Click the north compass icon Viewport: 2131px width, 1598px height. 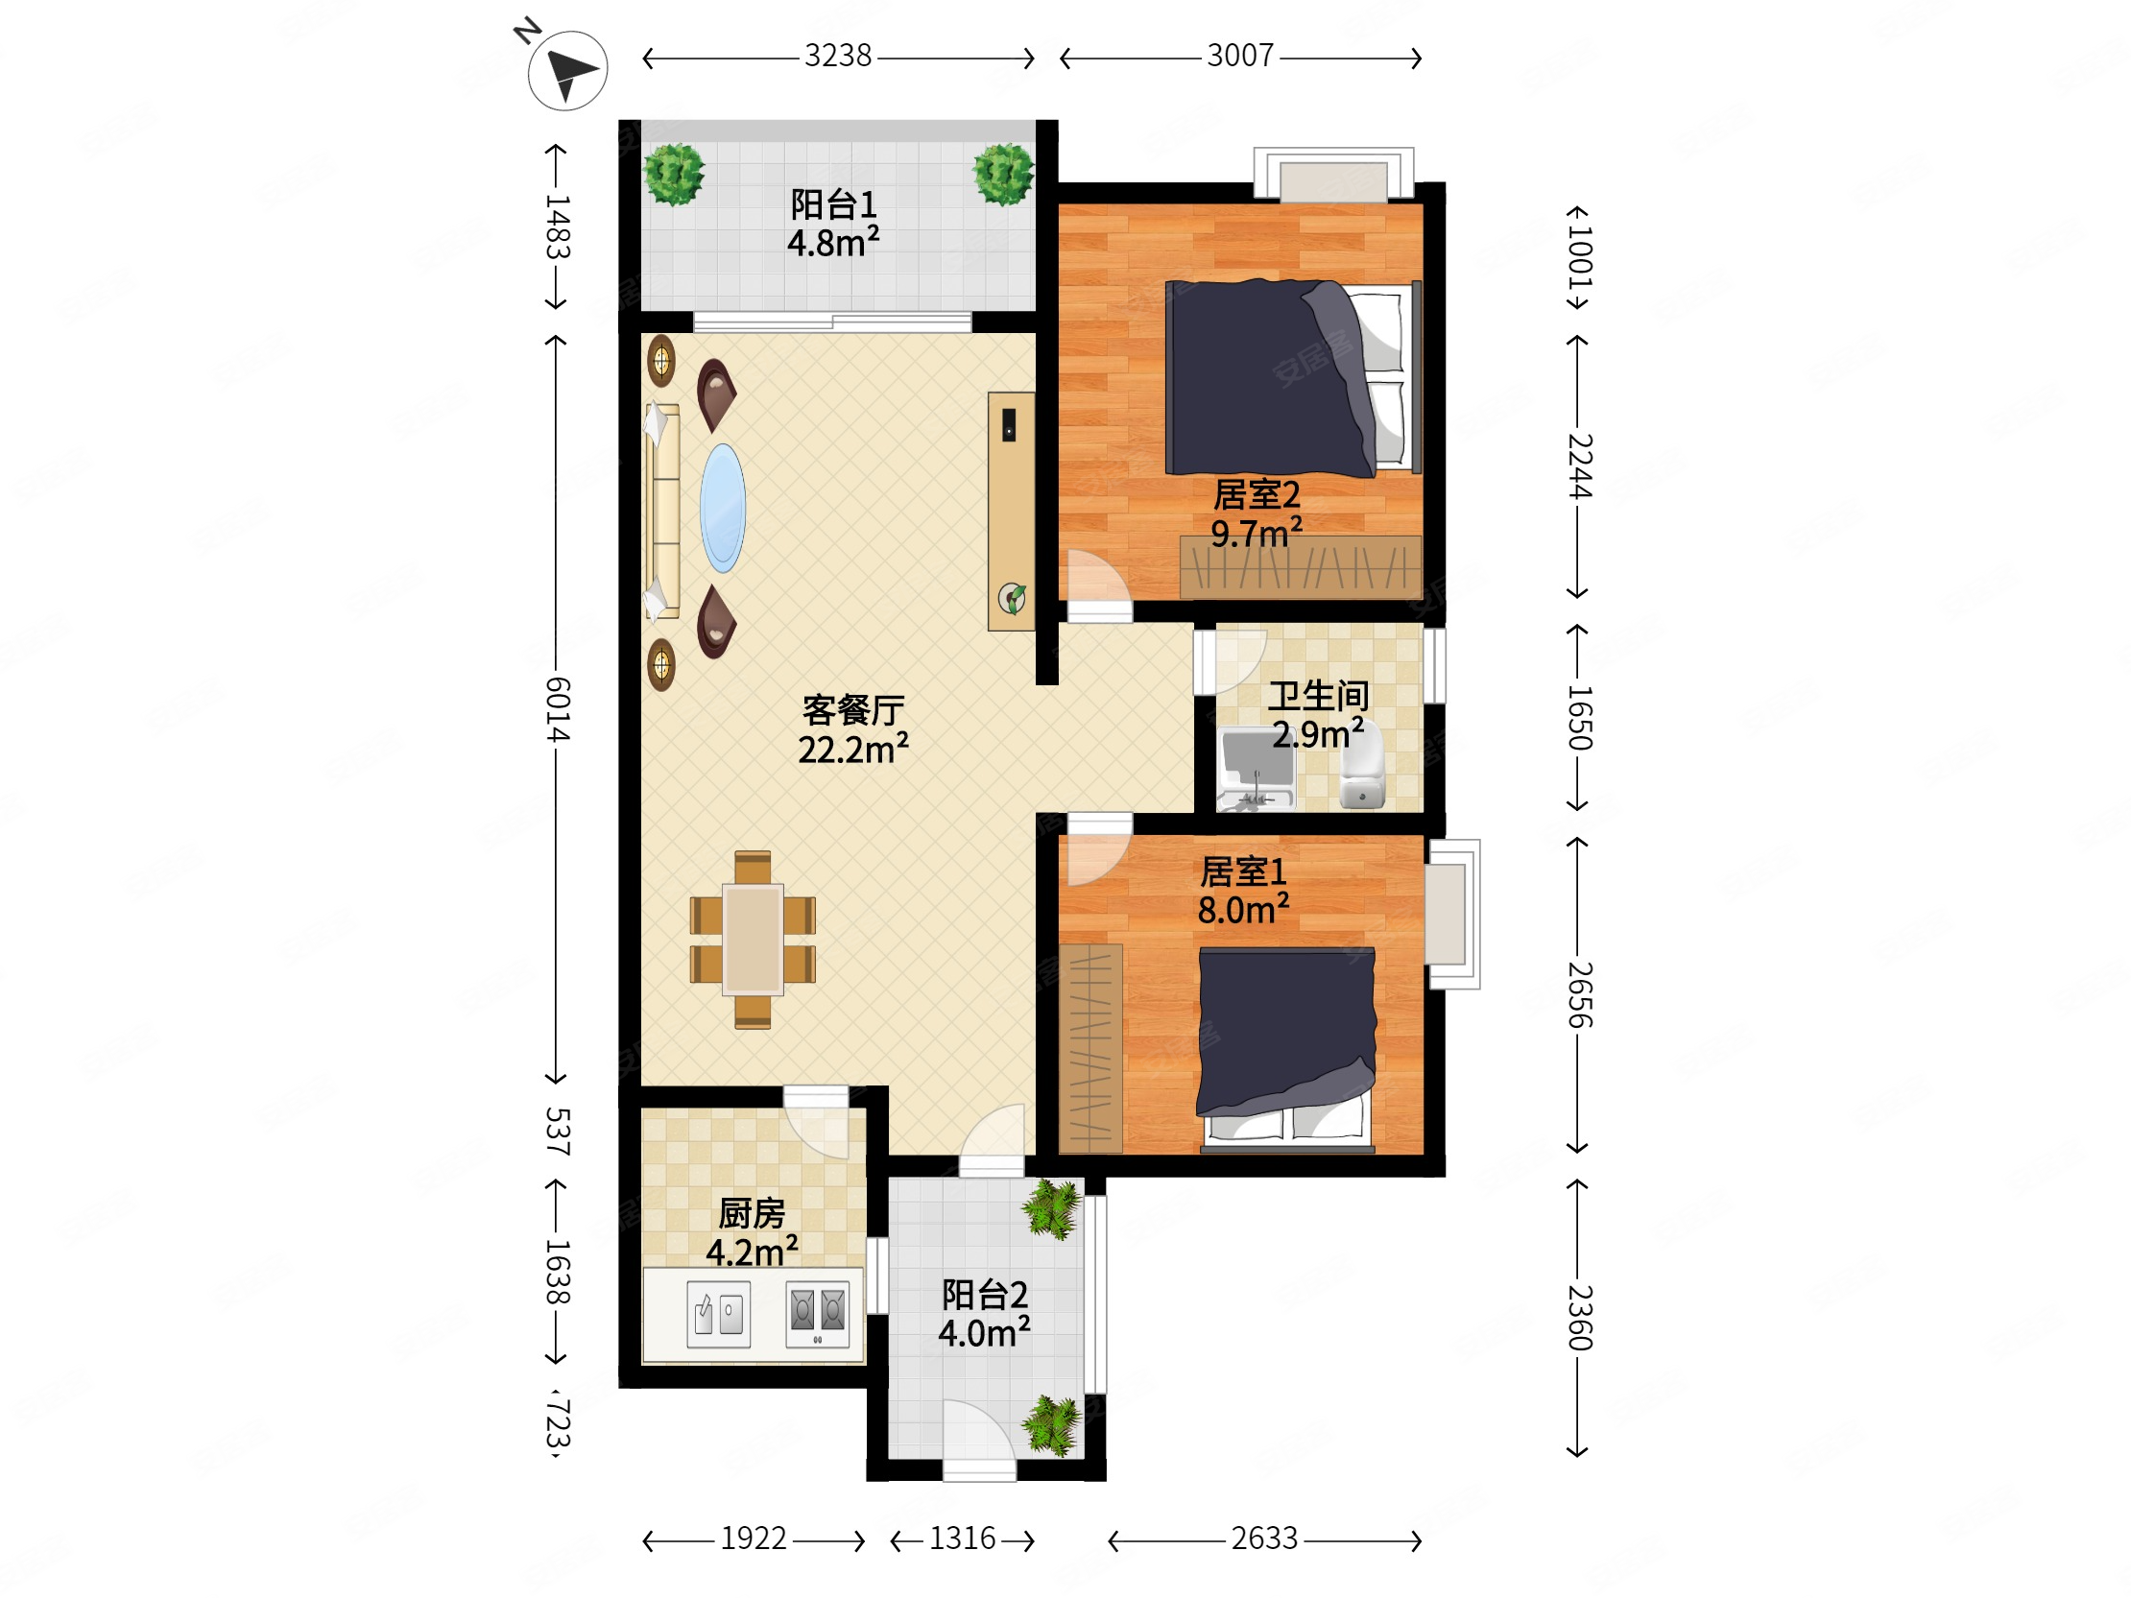click(566, 69)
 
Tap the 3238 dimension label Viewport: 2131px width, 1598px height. click(837, 56)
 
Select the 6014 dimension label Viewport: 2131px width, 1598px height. click(557, 709)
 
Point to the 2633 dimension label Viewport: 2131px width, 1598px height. click(1264, 1538)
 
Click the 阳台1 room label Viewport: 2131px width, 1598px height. click(833, 204)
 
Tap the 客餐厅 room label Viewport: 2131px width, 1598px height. click(852, 710)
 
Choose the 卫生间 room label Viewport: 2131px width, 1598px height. click(1317, 696)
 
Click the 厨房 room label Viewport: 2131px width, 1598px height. click(752, 1213)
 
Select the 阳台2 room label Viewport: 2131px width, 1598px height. click(985, 1295)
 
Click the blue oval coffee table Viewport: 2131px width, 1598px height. click(723, 508)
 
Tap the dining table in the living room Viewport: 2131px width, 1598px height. click(754, 940)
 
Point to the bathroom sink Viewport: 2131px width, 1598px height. click(1257, 769)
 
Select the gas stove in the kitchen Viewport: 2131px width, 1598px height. click(817, 1313)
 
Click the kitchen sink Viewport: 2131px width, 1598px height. click(719, 1314)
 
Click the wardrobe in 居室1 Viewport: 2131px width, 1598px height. click(1090, 1048)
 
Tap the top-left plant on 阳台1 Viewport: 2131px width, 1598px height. click(675, 174)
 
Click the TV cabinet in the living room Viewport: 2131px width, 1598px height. click(1011, 512)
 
